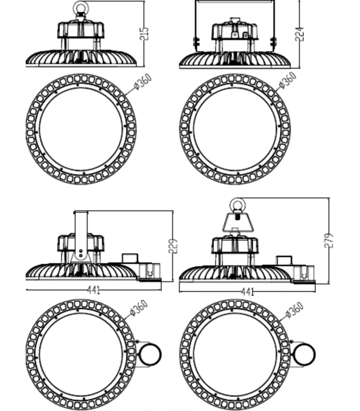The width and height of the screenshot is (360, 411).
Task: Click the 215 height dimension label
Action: (x=144, y=33)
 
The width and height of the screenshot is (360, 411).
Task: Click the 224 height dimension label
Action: (x=299, y=34)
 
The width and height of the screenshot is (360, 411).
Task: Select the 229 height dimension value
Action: (x=173, y=246)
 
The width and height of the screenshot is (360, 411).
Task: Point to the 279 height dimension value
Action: (x=329, y=240)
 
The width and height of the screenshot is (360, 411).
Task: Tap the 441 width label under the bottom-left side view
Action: (x=94, y=290)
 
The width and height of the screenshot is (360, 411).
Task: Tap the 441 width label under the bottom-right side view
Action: (x=247, y=292)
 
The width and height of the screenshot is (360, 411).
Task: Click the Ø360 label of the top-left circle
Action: (x=143, y=82)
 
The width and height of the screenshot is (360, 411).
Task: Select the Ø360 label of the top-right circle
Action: (x=288, y=80)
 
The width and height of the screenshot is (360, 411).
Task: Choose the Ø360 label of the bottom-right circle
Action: (x=294, y=310)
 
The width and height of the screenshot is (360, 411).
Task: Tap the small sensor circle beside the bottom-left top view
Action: (x=150, y=354)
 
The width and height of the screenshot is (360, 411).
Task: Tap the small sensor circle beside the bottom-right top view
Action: (x=304, y=354)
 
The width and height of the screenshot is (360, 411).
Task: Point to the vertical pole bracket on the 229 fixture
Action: (x=81, y=236)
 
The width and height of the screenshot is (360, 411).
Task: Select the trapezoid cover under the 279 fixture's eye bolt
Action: (x=238, y=222)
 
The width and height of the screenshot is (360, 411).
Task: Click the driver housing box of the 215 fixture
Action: (x=81, y=30)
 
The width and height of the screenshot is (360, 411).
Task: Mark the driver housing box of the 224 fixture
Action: (x=235, y=32)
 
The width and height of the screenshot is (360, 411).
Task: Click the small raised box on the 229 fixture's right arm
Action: (x=130, y=258)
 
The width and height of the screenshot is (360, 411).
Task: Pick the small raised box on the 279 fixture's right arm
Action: (x=284, y=260)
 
